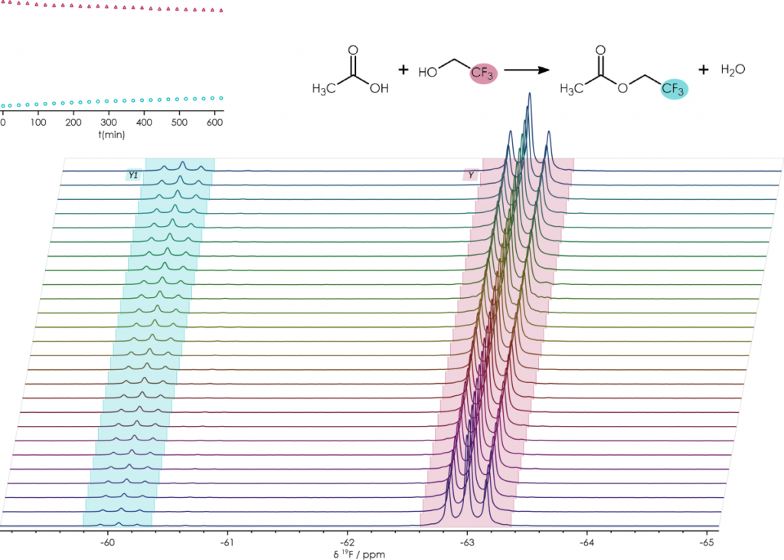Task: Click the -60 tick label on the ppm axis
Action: [106, 543]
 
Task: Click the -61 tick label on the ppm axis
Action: [227, 543]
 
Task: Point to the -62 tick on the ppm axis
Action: [347, 543]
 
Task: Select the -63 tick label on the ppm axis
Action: [467, 543]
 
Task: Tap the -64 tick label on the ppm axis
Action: [587, 543]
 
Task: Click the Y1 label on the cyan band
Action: [132, 175]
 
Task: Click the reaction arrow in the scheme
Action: [527, 70]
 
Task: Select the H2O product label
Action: [732, 70]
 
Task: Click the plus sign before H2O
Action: [703, 70]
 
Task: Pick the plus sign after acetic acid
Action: [403, 70]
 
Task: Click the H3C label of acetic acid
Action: [324, 89]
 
